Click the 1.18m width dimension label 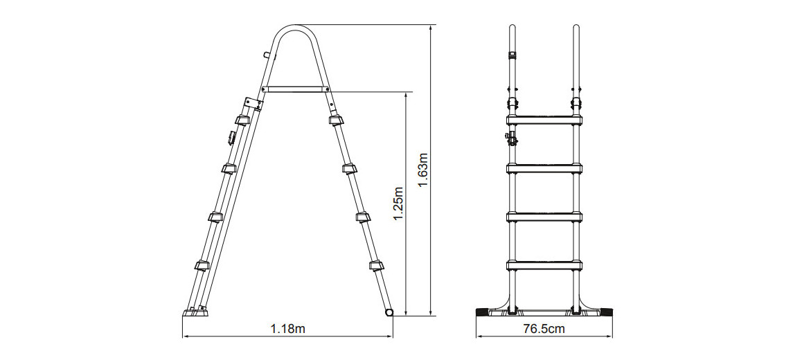pyautogui.click(x=287, y=328)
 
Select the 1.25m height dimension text pyautogui.click(x=398, y=203)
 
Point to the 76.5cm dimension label pyautogui.click(x=544, y=328)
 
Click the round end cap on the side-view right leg pyautogui.click(x=389, y=313)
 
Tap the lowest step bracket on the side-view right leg pyautogui.click(x=375, y=264)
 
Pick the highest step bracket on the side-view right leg pyautogui.click(x=336, y=120)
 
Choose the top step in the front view pyautogui.click(x=544, y=120)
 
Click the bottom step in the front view pyautogui.click(x=544, y=263)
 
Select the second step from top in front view pyautogui.click(x=544, y=168)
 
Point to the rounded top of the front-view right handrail pyautogui.click(x=576, y=29)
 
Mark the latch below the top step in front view pyautogui.click(x=513, y=138)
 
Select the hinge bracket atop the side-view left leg pyautogui.click(x=251, y=104)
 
